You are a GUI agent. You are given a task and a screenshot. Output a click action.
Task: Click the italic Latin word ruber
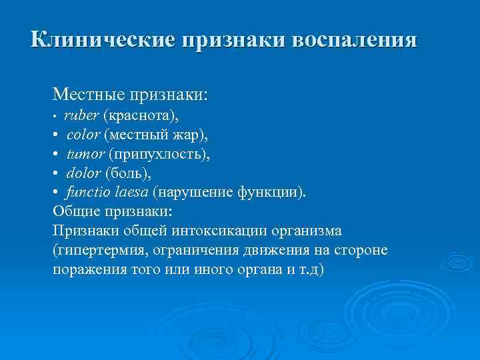coord(79,115)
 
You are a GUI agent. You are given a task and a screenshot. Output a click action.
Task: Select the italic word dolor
coord(83,173)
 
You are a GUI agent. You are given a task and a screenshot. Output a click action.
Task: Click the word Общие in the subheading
coord(75,211)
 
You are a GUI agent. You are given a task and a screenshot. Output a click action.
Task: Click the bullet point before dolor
coord(56,174)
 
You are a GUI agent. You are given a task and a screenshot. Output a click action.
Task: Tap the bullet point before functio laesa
coord(56,193)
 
